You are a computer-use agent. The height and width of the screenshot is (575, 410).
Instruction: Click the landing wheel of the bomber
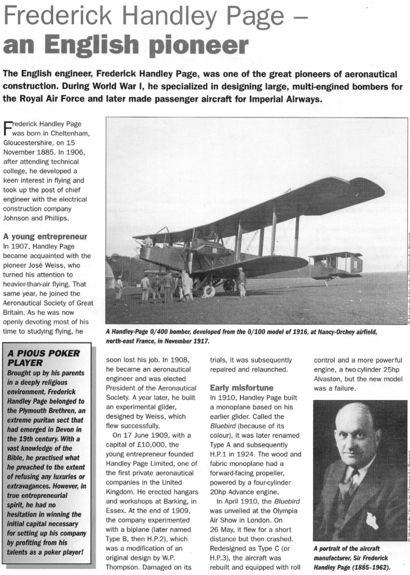(209, 292)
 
